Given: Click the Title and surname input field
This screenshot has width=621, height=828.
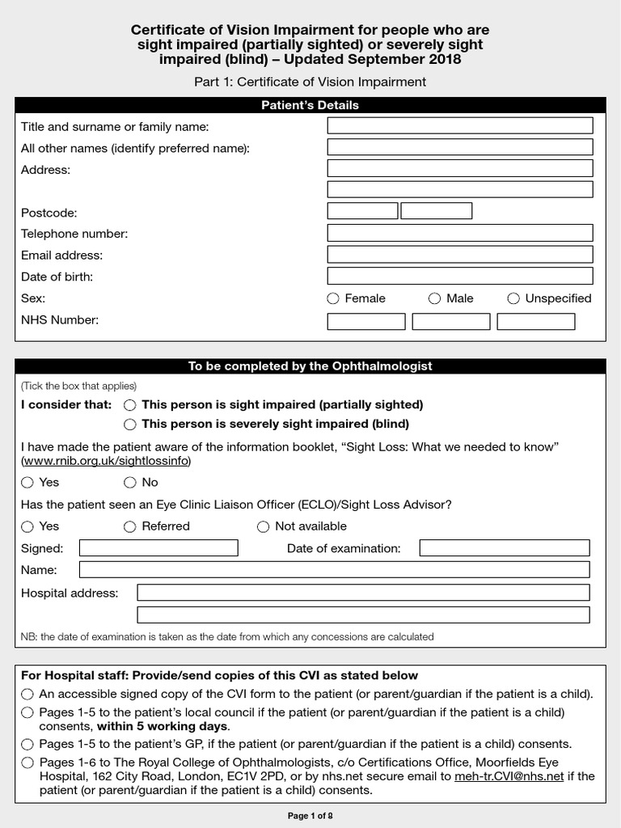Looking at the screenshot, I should [x=459, y=126].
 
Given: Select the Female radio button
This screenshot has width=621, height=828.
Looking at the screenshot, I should [x=333, y=298].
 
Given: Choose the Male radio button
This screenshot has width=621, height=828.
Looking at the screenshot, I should [x=435, y=298].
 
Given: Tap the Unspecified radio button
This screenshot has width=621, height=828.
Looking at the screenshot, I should [x=513, y=298].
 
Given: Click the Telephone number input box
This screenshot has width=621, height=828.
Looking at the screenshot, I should [x=459, y=233].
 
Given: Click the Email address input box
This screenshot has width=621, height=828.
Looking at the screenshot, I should [x=459, y=255].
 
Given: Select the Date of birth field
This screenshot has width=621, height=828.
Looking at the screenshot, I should [x=459, y=277].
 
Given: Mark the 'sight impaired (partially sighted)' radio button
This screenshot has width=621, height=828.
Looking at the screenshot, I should [x=129, y=404].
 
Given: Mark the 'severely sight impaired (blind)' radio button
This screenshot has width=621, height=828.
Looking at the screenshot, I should [x=129, y=424].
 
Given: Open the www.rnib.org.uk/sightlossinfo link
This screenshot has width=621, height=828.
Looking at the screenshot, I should [x=107, y=461].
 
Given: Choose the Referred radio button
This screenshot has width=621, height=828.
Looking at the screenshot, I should [x=129, y=526].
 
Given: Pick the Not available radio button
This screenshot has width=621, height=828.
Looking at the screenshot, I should [x=263, y=526].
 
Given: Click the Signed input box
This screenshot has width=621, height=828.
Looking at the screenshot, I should [x=158, y=548].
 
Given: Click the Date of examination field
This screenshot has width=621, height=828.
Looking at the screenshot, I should [x=505, y=548].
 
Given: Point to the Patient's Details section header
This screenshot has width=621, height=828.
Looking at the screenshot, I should [x=310, y=105].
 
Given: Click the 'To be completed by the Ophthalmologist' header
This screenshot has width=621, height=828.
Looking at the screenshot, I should [x=310, y=366].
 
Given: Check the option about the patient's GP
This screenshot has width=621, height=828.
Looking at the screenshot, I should [x=28, y=744].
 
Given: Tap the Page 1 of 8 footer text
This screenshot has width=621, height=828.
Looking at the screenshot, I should [x=310, y=816].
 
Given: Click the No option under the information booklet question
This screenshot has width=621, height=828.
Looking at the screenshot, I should [x=129, y=483].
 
